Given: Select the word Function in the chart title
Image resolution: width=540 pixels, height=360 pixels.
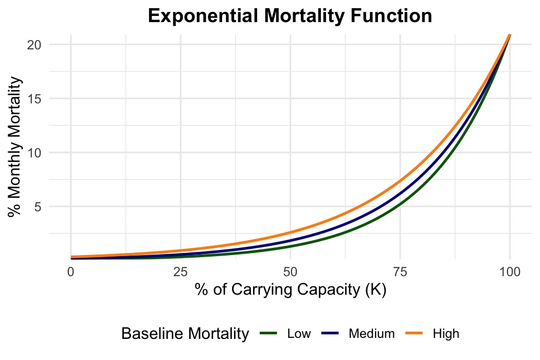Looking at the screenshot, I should [x=394, y=16].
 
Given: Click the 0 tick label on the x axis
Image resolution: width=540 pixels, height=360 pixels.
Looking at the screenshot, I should [x=70, y=271].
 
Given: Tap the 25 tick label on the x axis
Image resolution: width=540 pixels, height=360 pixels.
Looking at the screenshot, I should [x=181, y=271].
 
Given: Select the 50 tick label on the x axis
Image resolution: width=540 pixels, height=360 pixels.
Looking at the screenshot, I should [x=290, y=271].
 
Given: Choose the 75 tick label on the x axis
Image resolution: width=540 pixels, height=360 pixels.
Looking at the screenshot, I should [x=400, y=271].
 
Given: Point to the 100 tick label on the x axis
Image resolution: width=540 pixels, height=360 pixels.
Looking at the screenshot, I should [x=510, y=271].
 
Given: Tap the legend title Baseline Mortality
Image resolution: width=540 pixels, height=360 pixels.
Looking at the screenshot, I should [x=185, y=334].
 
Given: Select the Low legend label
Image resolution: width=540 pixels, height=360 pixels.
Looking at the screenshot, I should [x=299, y=334].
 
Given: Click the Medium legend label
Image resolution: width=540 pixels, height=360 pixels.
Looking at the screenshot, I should [x=371, y=334].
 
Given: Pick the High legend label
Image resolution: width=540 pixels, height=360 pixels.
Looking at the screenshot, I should [x=446, y=334].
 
